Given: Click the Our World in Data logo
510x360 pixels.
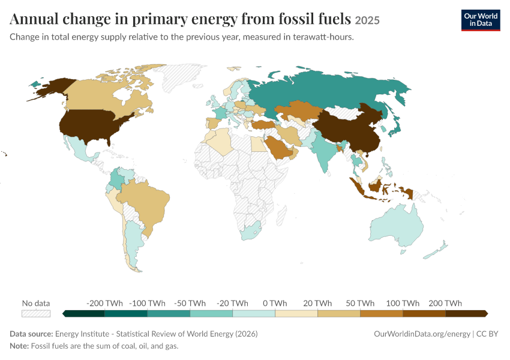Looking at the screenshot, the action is coord(481,20).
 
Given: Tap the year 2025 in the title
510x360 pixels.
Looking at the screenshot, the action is coord(367,20).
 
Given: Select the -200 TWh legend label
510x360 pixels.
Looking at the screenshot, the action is coord(104,303).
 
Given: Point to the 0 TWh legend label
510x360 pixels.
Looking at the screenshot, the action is coord(275,303).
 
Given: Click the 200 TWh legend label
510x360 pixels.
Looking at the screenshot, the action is coord(445,303).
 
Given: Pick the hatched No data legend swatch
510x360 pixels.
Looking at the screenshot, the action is coord(36,313).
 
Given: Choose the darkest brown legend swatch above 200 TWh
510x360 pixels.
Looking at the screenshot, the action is coord(466,313).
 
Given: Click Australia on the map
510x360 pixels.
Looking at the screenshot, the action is coord(397,224).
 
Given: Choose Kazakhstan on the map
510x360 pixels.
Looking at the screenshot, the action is coord(298,110).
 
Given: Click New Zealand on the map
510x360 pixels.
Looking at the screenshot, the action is coord(436,250).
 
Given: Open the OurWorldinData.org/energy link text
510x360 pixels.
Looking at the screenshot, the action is coord(422,334).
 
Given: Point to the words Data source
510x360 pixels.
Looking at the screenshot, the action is coord(31,334).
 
